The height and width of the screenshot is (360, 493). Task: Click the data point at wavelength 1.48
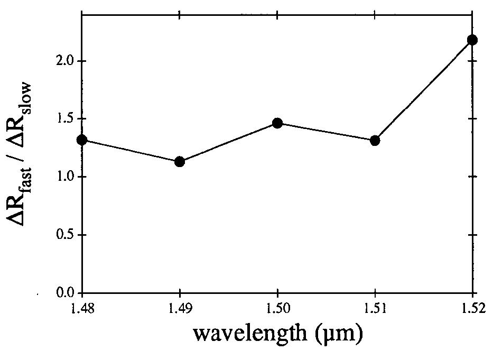point(82,140)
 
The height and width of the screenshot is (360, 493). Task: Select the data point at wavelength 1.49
point(180,161)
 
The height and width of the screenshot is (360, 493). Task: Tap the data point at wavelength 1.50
point(277,123)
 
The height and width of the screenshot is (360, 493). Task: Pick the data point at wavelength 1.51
point(375,141)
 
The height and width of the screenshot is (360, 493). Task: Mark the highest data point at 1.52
point(472,40)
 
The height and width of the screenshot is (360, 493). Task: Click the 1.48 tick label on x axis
point(82,309)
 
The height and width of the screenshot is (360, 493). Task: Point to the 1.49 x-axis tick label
point(180,309)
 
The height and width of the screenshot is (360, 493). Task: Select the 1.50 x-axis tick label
point(277,309)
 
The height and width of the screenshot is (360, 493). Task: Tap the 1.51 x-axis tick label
point(375,309)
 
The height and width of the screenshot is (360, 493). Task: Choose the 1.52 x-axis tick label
point(472,309)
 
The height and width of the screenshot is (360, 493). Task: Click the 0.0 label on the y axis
point(66,292)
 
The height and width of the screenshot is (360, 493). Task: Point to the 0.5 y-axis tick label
point(66,235)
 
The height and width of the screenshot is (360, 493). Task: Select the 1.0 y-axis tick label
point(66,177)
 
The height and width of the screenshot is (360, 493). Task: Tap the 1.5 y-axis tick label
point(66,119)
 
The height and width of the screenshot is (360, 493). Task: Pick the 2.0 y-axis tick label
point(66,61)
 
